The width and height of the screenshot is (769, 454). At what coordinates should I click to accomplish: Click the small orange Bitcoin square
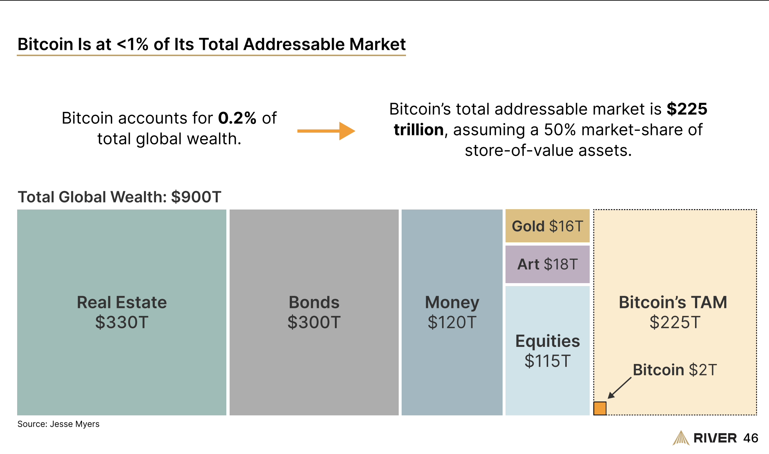(x=600, y=408)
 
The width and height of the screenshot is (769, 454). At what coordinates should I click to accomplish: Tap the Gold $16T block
(x=547, y=226)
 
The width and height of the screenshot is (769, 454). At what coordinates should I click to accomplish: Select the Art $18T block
(x=547, y=264)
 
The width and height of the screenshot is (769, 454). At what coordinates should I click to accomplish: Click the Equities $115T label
(x=547, y=351)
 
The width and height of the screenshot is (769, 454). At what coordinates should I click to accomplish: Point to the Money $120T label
(x=452, y=312)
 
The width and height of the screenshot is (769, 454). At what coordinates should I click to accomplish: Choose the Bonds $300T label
(x=314, y=312)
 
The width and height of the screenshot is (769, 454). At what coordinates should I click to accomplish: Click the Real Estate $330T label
(x=122, y=312)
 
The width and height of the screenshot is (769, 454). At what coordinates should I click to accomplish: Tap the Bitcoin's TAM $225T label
(x=673, y=312)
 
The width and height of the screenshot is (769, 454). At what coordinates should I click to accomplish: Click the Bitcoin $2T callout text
(x=675, y=370)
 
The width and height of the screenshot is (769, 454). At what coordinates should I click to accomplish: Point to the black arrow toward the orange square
(x=619, y=388)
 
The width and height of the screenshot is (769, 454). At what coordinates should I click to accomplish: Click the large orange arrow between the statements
(x=326, y=131)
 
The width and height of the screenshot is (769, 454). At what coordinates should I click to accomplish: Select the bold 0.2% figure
(x=237, y=118)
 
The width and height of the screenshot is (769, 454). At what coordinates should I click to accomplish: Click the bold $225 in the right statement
(x=687, y=109)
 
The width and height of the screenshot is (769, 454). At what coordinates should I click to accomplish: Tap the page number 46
(x=750, y=438)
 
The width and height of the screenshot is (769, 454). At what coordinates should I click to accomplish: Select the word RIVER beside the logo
(x=715, y=438)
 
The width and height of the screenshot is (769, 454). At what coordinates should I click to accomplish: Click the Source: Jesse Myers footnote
(x=58, y=424)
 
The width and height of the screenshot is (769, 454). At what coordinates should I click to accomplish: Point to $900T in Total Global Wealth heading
(x=196, y=197)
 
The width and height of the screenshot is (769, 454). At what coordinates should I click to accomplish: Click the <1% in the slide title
(x=133, y=44)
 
